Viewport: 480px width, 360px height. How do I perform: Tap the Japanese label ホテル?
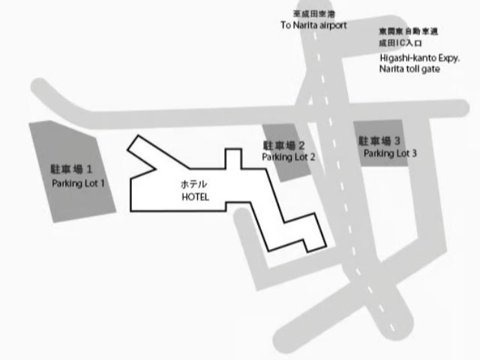(194, 184)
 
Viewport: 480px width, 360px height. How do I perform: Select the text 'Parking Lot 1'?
(79, 183)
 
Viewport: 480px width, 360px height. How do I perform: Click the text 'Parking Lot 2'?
(288, 157)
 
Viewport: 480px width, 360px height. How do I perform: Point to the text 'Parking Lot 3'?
(390, 153)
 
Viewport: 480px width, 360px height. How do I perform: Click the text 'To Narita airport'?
(313, 25)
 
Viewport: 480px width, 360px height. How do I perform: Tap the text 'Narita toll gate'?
(409, 69)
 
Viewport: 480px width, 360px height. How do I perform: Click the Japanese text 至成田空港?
(313, 13)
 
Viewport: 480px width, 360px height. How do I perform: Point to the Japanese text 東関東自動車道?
(408, 32)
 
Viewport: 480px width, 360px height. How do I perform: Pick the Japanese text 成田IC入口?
(398, 43)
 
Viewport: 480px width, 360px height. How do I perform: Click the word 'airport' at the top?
(333, 25)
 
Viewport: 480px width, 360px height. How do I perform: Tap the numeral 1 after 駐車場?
(89, 169)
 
